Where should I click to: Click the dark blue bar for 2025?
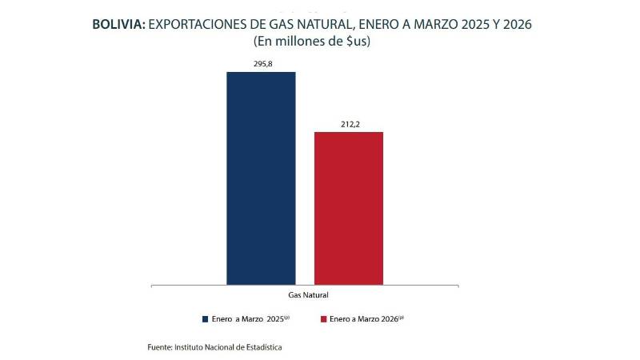pos(261,178)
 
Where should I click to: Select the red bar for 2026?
pos(348,207)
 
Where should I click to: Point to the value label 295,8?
pos(261,64)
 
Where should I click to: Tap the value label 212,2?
pos(348,123)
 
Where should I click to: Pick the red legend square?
pos(323,318)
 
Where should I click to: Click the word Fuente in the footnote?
pos(159,347)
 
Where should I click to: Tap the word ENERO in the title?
pos(385,25)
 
